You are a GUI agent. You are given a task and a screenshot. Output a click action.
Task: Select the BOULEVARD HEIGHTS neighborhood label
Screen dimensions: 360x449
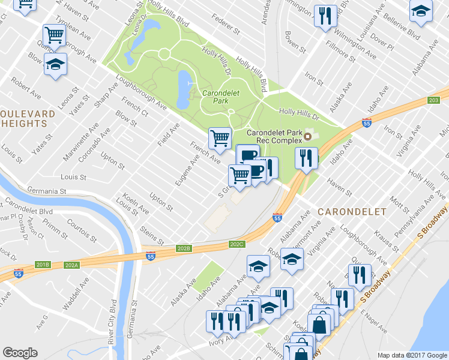24,118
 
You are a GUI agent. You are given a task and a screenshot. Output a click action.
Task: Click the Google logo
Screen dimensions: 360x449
20,353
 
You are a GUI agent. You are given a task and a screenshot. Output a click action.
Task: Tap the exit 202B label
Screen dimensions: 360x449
184,248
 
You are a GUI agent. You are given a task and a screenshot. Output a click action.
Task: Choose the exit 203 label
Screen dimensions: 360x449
435,100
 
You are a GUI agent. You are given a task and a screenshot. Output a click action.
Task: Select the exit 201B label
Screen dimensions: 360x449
43,265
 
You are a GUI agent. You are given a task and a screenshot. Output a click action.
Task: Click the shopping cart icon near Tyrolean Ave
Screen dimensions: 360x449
55,35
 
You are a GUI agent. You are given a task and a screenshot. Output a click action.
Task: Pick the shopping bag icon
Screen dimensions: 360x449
320,325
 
